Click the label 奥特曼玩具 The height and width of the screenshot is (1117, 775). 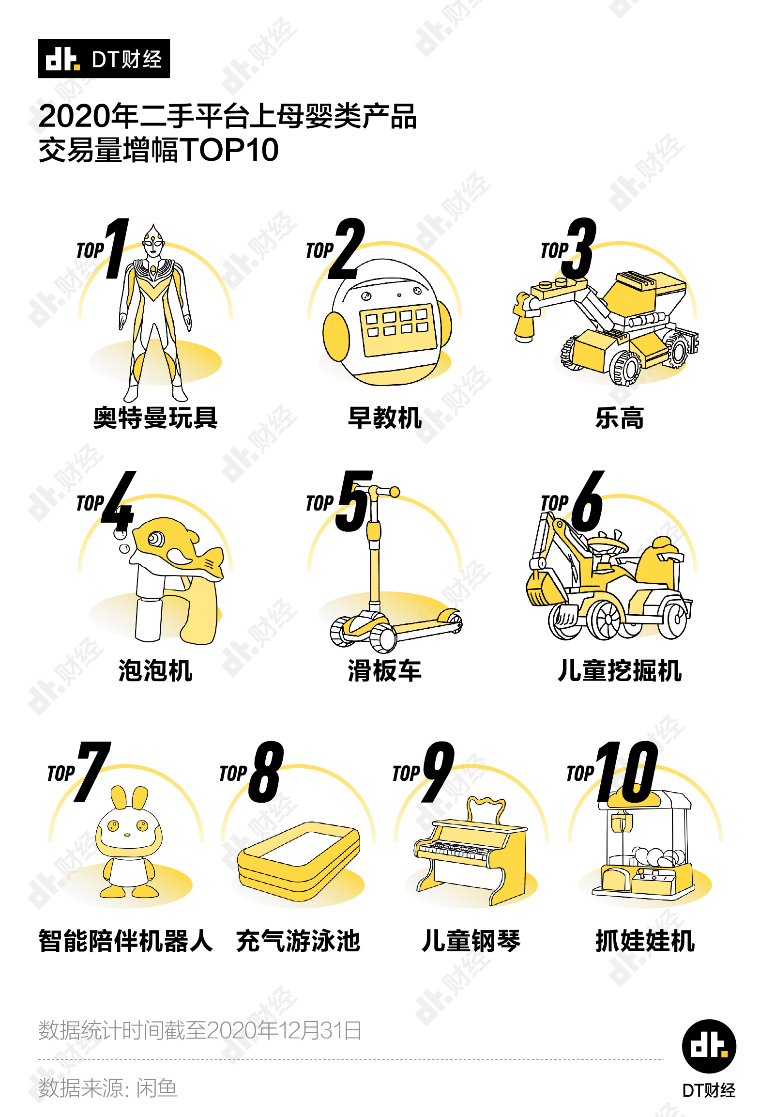tap(155, 418)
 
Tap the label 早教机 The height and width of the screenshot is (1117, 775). tap(384, 418)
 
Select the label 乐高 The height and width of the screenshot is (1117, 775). tap(620, 418)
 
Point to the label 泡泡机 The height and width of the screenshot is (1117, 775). tap(155, 670)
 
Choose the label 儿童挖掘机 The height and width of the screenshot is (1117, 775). tap(620, 670)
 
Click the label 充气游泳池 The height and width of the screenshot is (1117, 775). tap(298, 941)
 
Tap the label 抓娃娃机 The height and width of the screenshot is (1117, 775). tap(645, 941)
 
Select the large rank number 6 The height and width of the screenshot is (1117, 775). tap(588, 501)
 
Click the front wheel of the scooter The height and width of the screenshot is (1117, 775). tap(383, 637)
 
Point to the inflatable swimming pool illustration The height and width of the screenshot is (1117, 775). tap(299, 860)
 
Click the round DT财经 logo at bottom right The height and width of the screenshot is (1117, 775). tap(709, 1046)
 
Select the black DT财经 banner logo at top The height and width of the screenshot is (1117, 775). tap(104, 59)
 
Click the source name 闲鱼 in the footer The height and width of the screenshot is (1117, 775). tap(156, 1087)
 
